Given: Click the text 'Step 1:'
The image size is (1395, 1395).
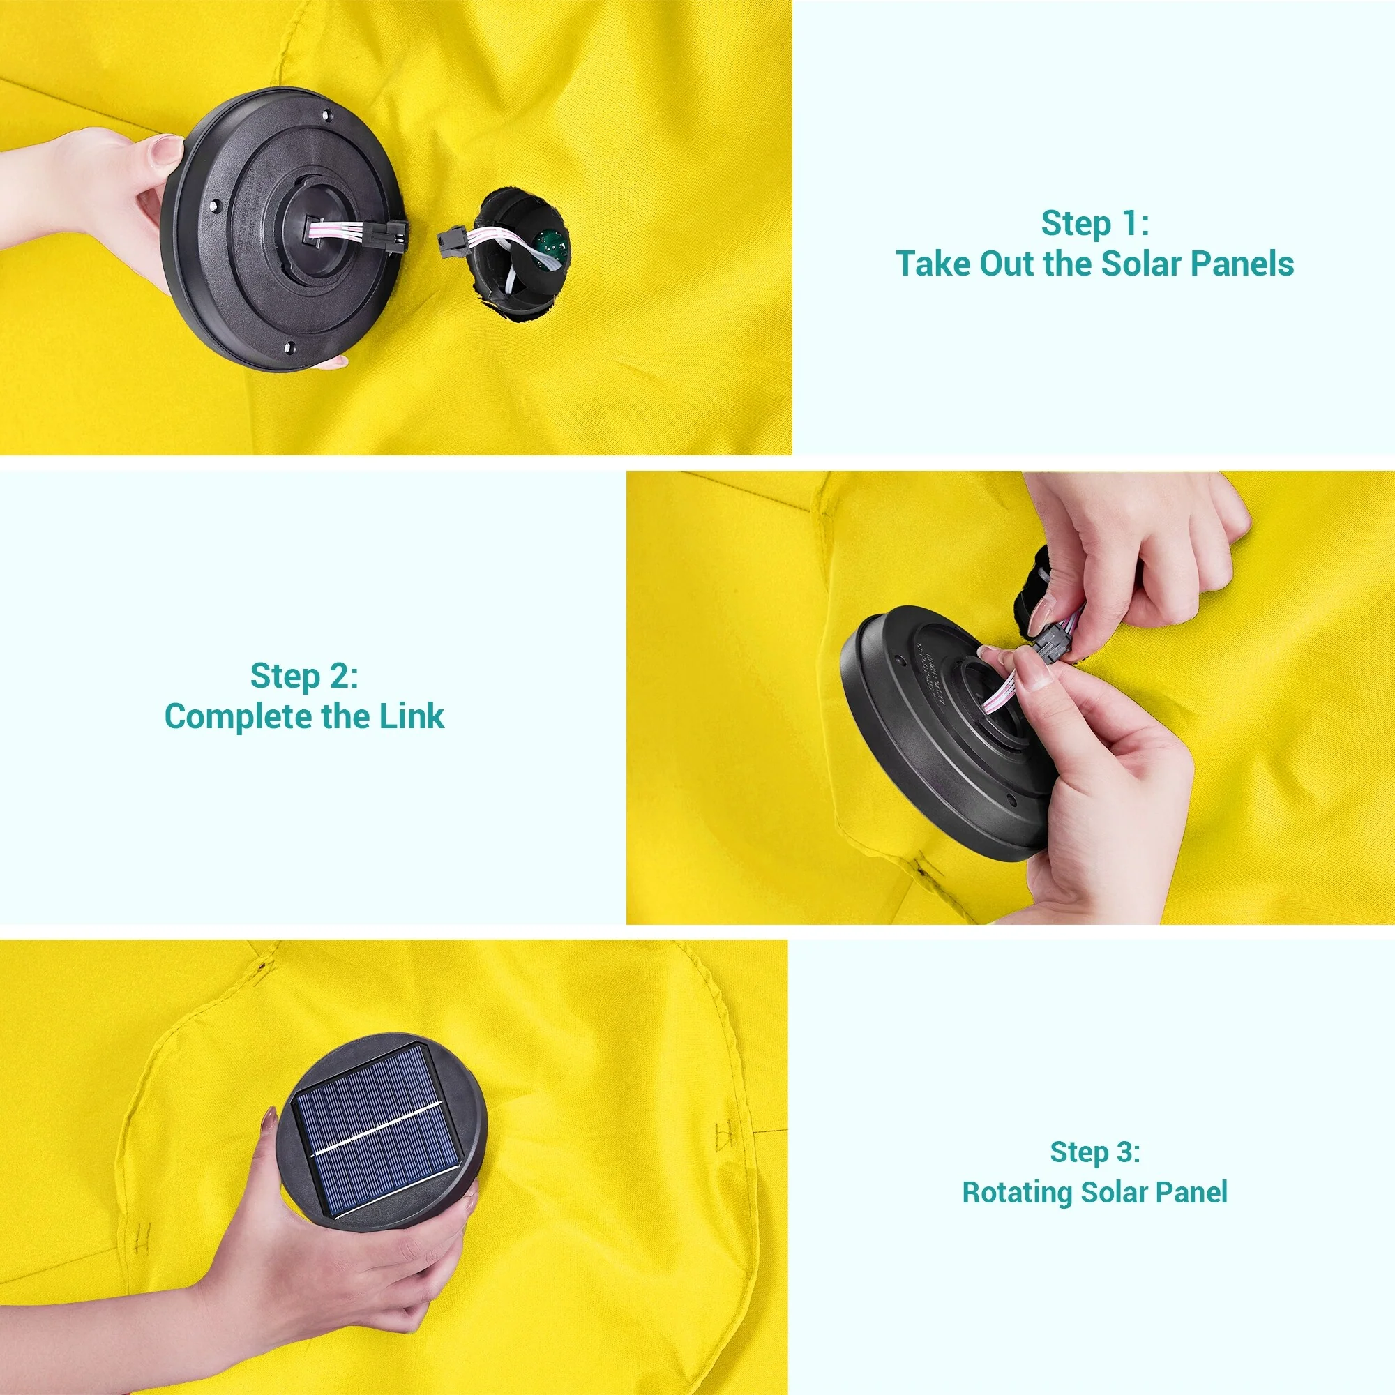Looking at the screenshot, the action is (1094, 223).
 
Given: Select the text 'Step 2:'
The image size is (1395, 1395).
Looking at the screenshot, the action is (304, 676).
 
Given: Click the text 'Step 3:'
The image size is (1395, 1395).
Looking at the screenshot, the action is (1094, 1152).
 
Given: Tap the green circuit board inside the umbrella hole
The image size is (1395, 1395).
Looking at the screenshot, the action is (552, 246).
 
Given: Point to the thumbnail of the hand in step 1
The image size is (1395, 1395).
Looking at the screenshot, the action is (167, 151).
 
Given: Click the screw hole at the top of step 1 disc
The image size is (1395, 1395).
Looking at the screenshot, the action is (326, 115).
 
